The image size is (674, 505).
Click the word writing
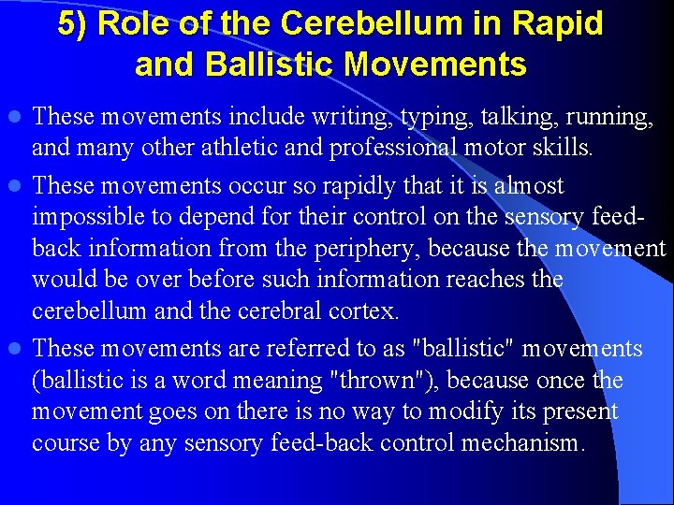click(x=353, y=117)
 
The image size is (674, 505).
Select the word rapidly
click(x=356, y=186)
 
